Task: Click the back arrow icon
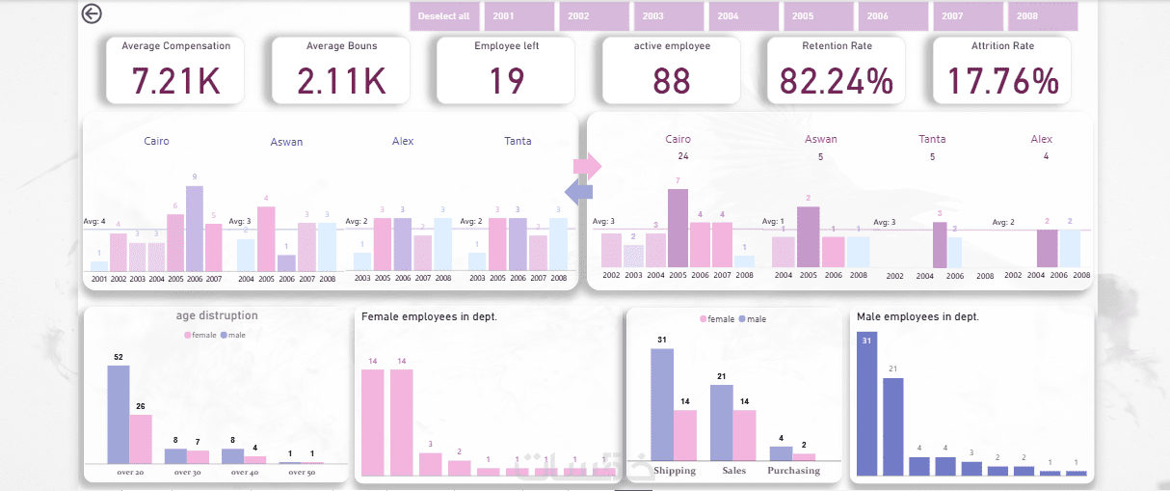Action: point(92,14)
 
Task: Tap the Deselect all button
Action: point(444,16)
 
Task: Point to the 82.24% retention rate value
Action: point(837,81)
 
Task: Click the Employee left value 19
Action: point(506,81)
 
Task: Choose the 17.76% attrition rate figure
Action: point(1002,81)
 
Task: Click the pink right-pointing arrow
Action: point(587,166)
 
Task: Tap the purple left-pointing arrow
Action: point(578,193)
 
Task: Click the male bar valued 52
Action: point(118,414)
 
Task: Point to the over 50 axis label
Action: point(301,473)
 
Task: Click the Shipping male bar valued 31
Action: point(662,404)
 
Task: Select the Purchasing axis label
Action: point(793,471)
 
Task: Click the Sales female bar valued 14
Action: point(745,435)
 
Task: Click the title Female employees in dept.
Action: point(429,316)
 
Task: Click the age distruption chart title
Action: point(216,315)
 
